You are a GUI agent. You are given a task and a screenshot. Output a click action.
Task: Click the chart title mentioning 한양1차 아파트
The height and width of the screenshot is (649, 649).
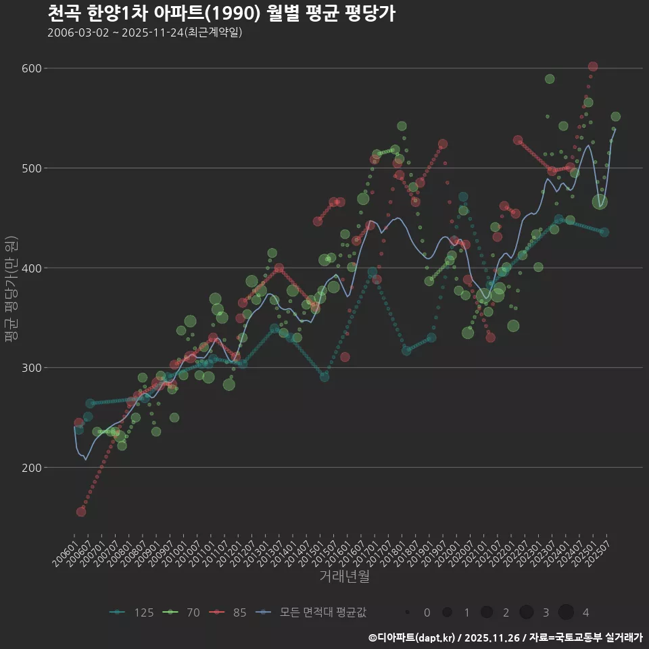pyautogui.click(x=221, y=14)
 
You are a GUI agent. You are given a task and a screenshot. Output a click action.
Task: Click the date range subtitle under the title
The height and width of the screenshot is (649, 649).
pyautogui.click(x=145, y=33)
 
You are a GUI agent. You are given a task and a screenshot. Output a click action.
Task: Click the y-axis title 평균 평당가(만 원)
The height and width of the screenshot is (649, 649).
pyautogui.click(x=11, y=291)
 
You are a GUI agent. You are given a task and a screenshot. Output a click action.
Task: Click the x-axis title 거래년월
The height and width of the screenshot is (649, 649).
pyautogui.click(x=344, y=577)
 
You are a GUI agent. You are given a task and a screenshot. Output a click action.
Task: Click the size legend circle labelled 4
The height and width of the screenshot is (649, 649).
pyautogui.click(x=566, y=612)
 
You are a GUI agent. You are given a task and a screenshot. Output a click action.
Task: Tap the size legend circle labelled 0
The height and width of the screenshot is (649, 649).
pyautogui.click(x=408, y=612)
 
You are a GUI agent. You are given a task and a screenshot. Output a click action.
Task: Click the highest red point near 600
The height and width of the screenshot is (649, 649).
pyautogui.click(x=593, y=66)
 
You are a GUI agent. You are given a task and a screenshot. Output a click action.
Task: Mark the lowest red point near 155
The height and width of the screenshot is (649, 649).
pyautogui.click(x=81, y=512)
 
